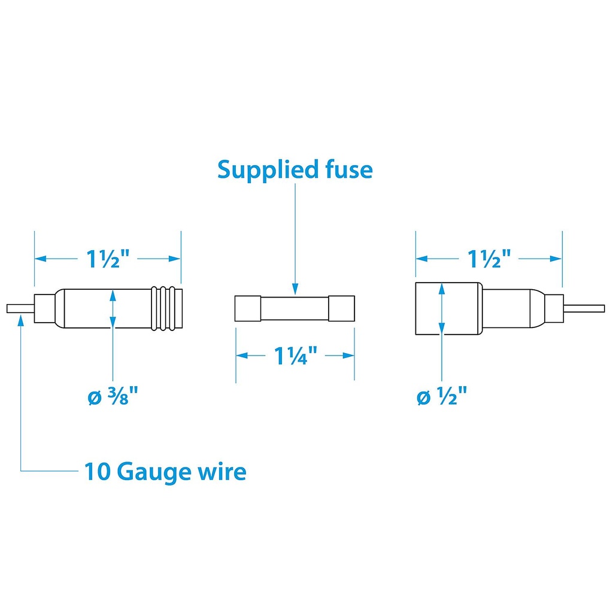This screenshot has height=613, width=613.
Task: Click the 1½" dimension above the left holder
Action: click(108, 259)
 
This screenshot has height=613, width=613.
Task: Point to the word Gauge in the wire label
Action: click(154, 472)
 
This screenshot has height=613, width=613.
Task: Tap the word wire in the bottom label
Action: click(221, 472)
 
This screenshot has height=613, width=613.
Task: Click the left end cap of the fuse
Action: click(246, 309)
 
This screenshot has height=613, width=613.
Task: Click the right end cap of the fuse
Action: click(342, 309)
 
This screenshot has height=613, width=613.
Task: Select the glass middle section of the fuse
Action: click(294, 309)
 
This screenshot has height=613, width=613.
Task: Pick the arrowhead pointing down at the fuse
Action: click(295, 289)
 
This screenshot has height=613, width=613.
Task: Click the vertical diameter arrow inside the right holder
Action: click(441, 308)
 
